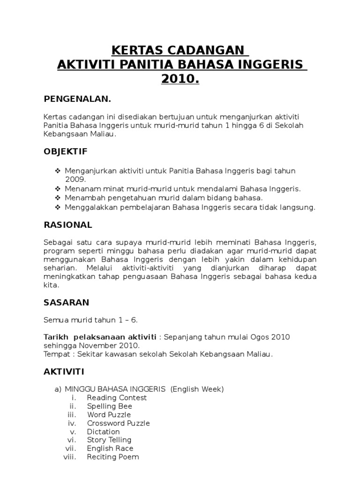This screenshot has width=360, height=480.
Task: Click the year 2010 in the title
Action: point(180,79)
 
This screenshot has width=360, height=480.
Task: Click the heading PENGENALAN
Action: point(77,99)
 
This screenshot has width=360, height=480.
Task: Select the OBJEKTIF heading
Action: point(65,151)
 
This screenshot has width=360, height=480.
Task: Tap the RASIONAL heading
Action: point(67,225)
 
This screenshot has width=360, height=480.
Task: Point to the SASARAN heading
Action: point(66,302)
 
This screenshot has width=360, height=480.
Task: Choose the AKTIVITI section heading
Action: point(64,372)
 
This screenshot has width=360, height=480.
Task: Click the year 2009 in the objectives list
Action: point(75,179)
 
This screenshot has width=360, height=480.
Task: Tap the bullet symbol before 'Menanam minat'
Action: point(58,188)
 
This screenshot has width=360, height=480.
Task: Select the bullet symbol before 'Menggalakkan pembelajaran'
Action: point(58,207)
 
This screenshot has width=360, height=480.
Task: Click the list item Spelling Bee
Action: point(109,406)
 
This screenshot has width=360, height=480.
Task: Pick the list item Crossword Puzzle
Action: point(118,423)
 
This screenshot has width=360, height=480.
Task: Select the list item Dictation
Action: point(103,431)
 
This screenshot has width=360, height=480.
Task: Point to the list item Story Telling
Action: point(109,440)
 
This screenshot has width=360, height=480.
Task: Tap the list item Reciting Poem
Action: point(112,457)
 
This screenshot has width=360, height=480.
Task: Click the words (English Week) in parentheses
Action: point(197,389)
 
